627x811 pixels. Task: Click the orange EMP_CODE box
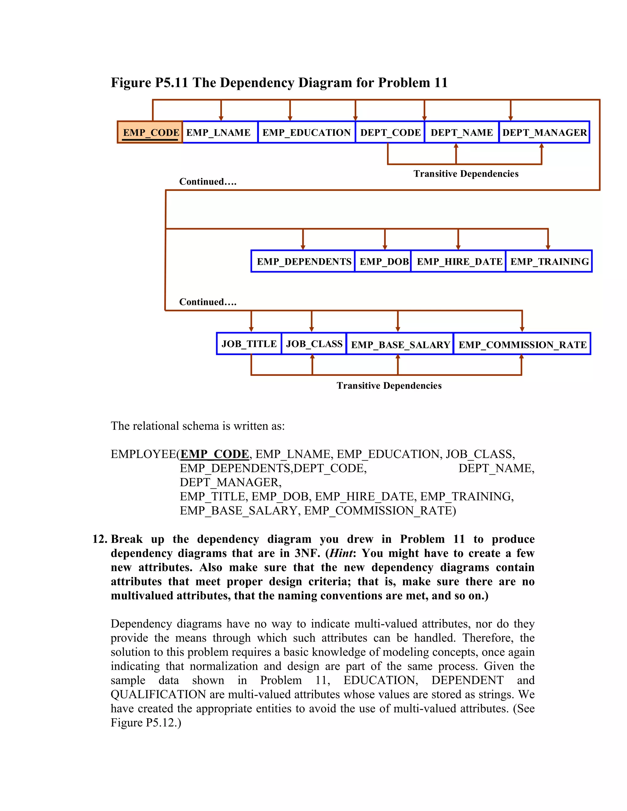(x=150, y=132)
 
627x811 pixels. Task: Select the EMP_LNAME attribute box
(x=220, y=132)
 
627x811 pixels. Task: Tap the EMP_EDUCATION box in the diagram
(x=306, y=132)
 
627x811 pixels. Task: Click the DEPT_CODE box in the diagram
(x=390, y=132)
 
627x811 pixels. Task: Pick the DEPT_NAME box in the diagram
(x=462, y=132)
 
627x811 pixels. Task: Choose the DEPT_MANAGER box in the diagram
(x=544, y=132)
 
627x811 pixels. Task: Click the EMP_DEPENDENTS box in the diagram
(x=303, y=261)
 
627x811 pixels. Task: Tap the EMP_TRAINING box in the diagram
(x=549, y=261)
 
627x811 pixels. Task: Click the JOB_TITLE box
(x=249, y=344)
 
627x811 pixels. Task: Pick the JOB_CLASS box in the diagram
(x=314, y=344)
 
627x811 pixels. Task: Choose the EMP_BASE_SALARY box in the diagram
(x=400, y=344)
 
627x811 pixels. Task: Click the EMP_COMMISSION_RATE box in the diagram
(x=522, y=344)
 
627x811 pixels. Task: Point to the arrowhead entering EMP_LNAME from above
(x=221, y=118)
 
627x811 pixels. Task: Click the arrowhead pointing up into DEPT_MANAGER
(x=542, y=146)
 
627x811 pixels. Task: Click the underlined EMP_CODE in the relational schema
(x=215, y=454)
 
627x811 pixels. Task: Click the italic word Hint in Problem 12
(x=341, y=553)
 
